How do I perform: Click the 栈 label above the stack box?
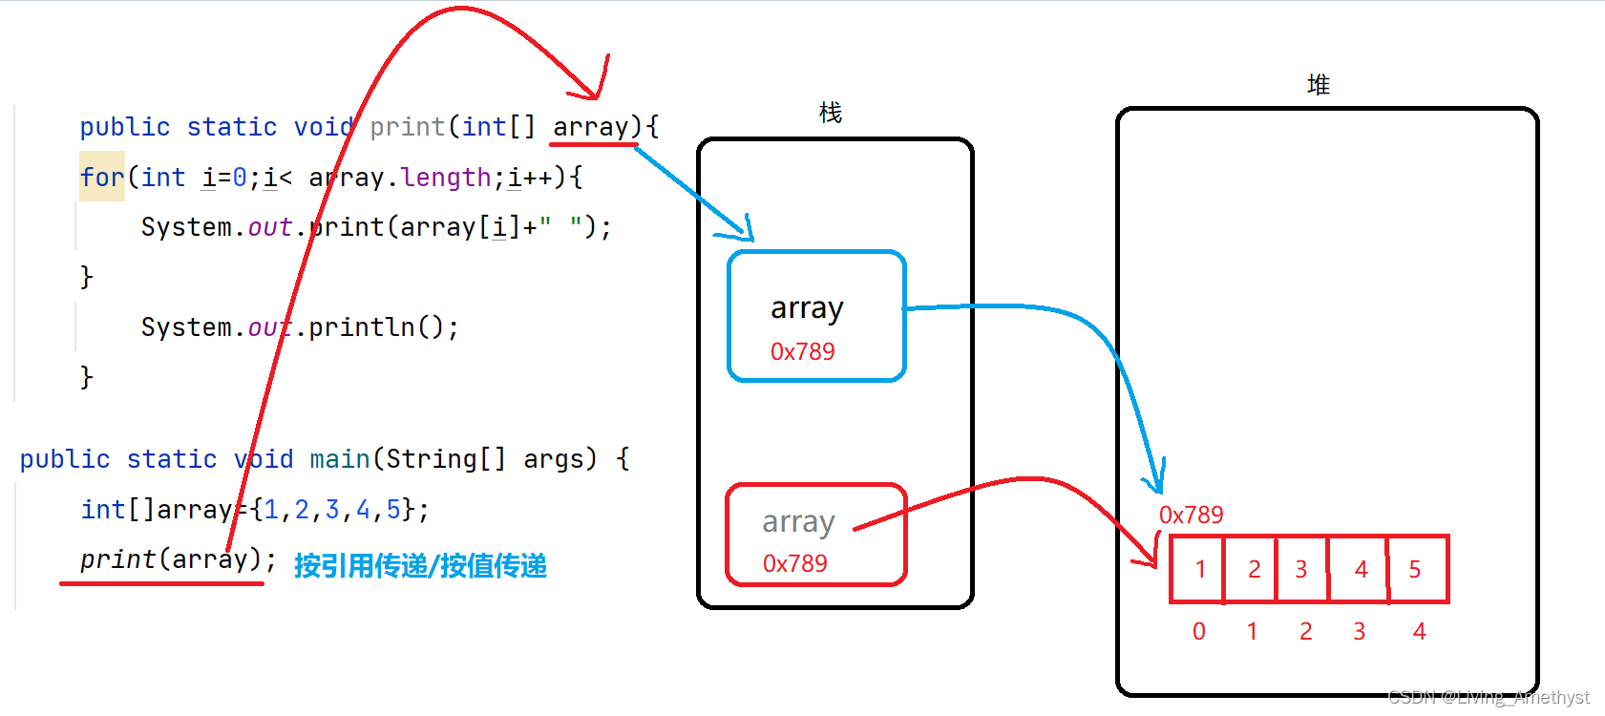831,113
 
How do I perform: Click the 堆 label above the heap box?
1319,85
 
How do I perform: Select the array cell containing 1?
1199,570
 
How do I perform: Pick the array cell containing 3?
1301,570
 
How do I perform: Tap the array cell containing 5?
1415,570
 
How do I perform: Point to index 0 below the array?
1199,631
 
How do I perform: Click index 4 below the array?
1419,631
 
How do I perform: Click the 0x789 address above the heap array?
1191,516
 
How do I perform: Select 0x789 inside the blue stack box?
802,352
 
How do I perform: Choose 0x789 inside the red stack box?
794,564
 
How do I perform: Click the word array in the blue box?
807,308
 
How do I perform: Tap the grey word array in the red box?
798,522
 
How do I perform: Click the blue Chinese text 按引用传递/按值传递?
420,566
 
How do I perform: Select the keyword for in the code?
102,178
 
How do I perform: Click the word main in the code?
340,459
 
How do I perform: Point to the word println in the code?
362,327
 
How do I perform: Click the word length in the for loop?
446,178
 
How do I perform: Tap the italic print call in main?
117,559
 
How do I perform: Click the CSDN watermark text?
1489,698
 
